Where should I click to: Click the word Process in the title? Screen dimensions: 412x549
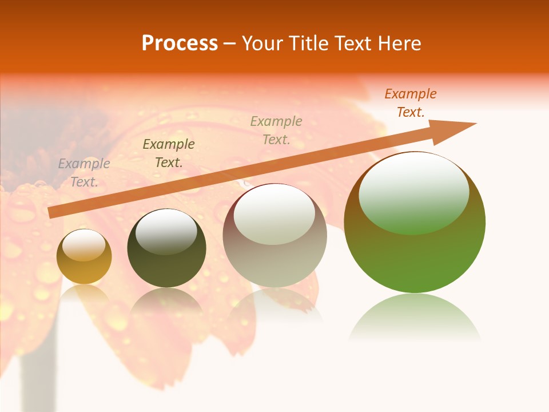[180, 43]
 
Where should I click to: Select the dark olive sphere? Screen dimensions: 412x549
[166, 248]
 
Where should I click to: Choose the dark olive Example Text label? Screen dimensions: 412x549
[169, 153]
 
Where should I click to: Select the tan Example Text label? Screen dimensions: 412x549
[276, 130]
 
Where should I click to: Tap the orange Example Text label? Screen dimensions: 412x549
[411, 103]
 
